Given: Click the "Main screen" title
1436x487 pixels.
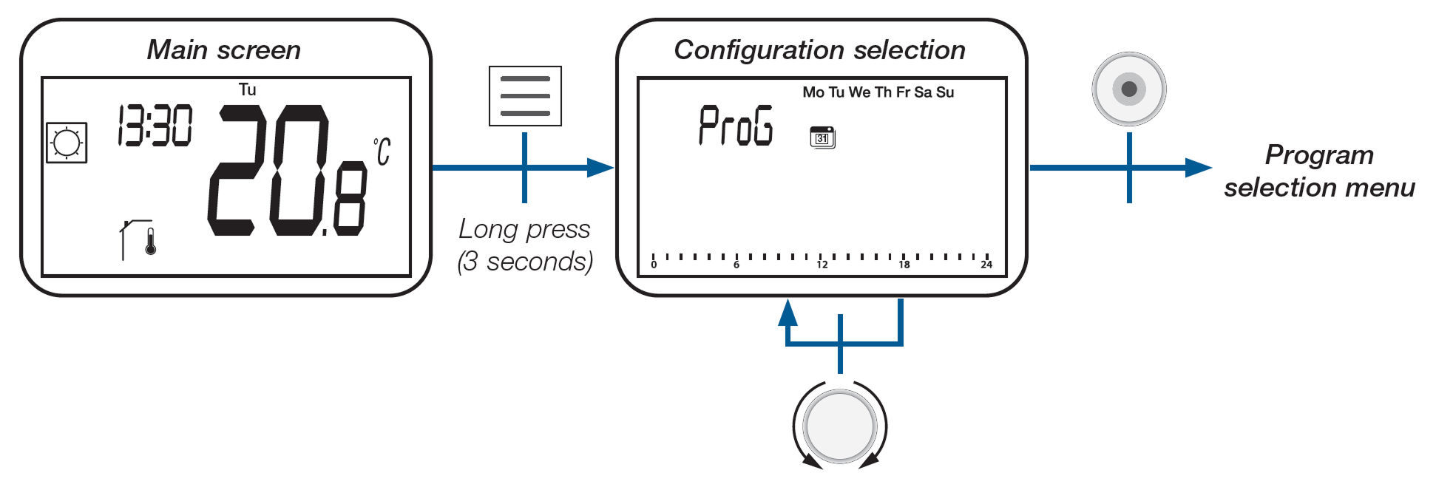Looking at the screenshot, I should click(x=223, y=50).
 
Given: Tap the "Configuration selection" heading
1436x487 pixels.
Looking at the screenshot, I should click(x=819, y=50).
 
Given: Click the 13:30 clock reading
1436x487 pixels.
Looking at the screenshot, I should click(x=155, y=126).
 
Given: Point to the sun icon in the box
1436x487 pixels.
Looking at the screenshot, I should click(x=67, y=143).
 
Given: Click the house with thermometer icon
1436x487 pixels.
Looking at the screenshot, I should click(x=138, y=239).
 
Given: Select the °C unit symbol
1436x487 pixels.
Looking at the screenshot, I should click(x=382, y=151).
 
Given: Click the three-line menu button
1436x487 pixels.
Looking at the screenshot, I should click(x=525, y=96).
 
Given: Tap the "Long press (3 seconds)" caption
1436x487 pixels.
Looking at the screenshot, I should click(x=525, y=245).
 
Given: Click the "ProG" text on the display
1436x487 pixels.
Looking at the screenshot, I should click(x=736, y=126).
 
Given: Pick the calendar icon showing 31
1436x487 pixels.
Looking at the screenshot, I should click(x=822, y=138).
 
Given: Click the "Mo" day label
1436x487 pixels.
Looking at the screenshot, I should click(x=813, y=92).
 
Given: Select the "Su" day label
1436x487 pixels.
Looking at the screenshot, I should click(x=945, y=92).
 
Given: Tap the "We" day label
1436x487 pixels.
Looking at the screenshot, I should click(x=859, y=92).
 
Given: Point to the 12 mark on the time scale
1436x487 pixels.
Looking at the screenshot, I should click(x=822, y=265).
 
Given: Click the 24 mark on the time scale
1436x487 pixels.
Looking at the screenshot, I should click(x=986, y=265).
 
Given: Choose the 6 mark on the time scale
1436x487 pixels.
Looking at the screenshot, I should click(x=736, y=265).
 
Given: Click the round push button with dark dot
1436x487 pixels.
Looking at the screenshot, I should click(x=1128, y=89).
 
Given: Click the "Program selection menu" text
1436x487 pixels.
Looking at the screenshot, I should click(x=1319, y=171).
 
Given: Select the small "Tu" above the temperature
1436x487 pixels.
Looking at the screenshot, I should click(x=247, y=90).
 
